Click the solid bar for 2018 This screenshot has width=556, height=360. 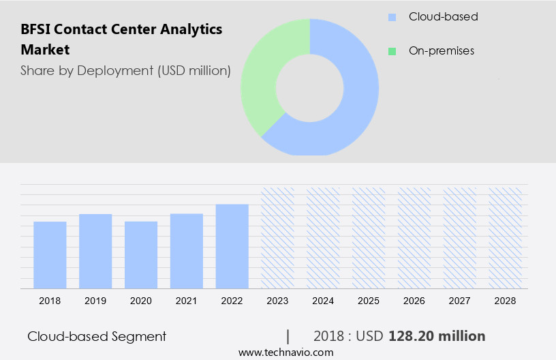(x=50, y=255)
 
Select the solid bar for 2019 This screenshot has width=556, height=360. (x=95, y=251)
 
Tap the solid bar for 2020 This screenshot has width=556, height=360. (x=141, y=255)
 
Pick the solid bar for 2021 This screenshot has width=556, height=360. (x=187, y=251)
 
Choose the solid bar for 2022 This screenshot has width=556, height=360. (x=232, y=246)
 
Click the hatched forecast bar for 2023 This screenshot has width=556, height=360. (x=278, y=237)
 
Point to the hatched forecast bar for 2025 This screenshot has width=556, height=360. (x=369, y=237)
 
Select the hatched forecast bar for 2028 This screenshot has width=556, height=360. (x=506, y=237)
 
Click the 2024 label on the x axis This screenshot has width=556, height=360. (x=323, y=301)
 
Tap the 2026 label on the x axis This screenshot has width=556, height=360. (x=414, y=301)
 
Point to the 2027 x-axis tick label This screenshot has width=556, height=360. (x=460, y=301)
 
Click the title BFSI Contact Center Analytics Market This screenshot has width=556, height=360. (x=121, y=39)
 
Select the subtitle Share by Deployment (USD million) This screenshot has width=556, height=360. (x=125, y=70)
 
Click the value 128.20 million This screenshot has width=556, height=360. (x=437, y=336)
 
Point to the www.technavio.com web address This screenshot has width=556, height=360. (x=285, y=352)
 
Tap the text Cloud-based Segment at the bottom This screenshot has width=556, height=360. (x=97, y=336)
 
